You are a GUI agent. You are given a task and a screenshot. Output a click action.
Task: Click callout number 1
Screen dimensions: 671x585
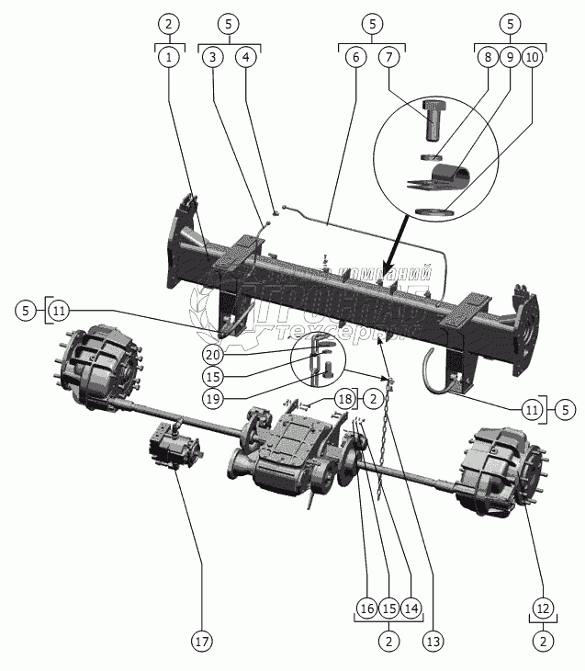[168, 57]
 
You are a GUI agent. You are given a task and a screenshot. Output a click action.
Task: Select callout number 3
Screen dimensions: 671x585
[213, 57]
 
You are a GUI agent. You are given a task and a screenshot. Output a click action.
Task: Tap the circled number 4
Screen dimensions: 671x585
[245, 57]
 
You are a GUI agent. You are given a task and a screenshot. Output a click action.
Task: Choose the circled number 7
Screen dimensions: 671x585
[389, 57]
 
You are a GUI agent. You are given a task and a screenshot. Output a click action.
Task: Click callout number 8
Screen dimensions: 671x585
[487, 57]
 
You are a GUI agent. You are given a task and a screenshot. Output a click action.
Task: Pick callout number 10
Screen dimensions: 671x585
[532, 57]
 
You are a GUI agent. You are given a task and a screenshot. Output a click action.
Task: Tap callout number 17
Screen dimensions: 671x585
[201, 638]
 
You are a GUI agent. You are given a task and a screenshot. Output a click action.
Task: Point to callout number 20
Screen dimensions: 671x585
[212, 355]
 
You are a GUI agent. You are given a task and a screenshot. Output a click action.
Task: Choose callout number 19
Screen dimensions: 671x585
[212, 399]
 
